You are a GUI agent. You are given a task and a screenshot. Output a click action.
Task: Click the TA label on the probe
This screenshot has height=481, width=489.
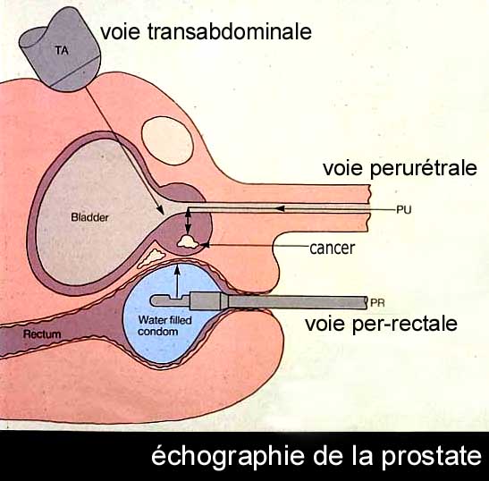62,50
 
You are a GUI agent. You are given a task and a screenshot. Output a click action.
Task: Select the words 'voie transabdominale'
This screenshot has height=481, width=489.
206,31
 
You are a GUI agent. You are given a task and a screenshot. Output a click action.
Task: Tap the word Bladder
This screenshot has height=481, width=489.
89,217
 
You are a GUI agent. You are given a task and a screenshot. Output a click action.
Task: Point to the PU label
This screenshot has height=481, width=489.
404,209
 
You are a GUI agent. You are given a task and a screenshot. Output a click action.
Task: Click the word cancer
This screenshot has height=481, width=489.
333,249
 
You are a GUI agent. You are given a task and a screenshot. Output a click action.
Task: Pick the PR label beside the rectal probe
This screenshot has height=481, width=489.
377,302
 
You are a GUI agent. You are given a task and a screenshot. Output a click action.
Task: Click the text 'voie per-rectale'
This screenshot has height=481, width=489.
381,325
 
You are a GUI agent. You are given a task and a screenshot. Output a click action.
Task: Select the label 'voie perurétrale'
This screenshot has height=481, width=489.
400,169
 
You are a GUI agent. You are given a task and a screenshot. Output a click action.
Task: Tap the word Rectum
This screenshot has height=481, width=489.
42,334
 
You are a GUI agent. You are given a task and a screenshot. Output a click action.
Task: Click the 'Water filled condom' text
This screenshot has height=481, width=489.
164,325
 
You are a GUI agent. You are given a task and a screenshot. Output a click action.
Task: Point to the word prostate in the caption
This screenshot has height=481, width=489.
432,457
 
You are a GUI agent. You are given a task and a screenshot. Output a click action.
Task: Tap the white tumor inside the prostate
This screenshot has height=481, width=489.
188,242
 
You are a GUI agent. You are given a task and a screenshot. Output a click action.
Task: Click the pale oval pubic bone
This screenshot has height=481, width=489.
167,140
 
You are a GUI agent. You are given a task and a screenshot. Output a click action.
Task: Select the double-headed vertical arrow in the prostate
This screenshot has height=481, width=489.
188,222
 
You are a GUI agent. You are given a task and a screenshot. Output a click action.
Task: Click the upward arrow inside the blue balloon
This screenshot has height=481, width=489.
177,281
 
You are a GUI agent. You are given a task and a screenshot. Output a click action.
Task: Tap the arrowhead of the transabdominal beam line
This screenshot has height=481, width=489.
160,210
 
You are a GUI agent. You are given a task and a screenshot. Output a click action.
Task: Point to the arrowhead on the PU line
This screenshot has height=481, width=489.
280,208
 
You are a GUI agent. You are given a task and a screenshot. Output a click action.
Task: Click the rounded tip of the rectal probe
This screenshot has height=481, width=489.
154,300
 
